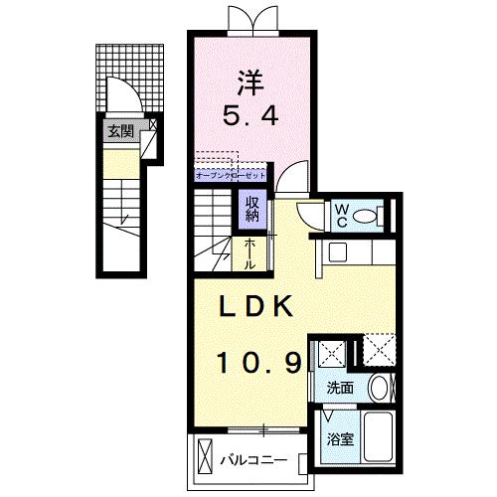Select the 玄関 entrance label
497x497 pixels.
tap(120, 128)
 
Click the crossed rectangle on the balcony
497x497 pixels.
tap(204, 460)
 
